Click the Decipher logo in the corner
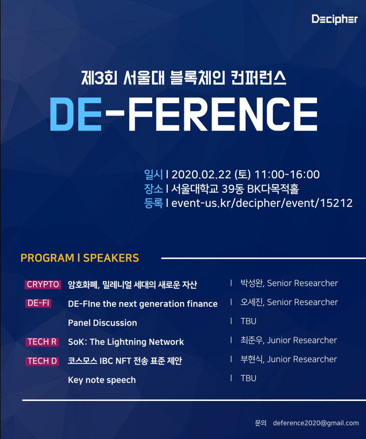coord(335,19)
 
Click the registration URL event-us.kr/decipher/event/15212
coord(262,203)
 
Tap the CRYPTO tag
coord(43,284)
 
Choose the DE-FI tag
coord(38,303)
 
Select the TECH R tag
coord(42,342)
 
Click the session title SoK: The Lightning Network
coord(126,342)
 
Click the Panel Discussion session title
coord(102,323)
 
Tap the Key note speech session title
coord(102,380)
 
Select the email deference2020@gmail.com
coord(315,423)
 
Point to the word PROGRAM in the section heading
coord(47,258)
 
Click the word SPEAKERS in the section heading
coord(111,258)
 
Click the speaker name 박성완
coord(253,283)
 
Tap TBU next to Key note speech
coord(249,378)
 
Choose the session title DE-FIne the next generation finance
coord(143,304)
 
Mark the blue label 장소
coord(154,189)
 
